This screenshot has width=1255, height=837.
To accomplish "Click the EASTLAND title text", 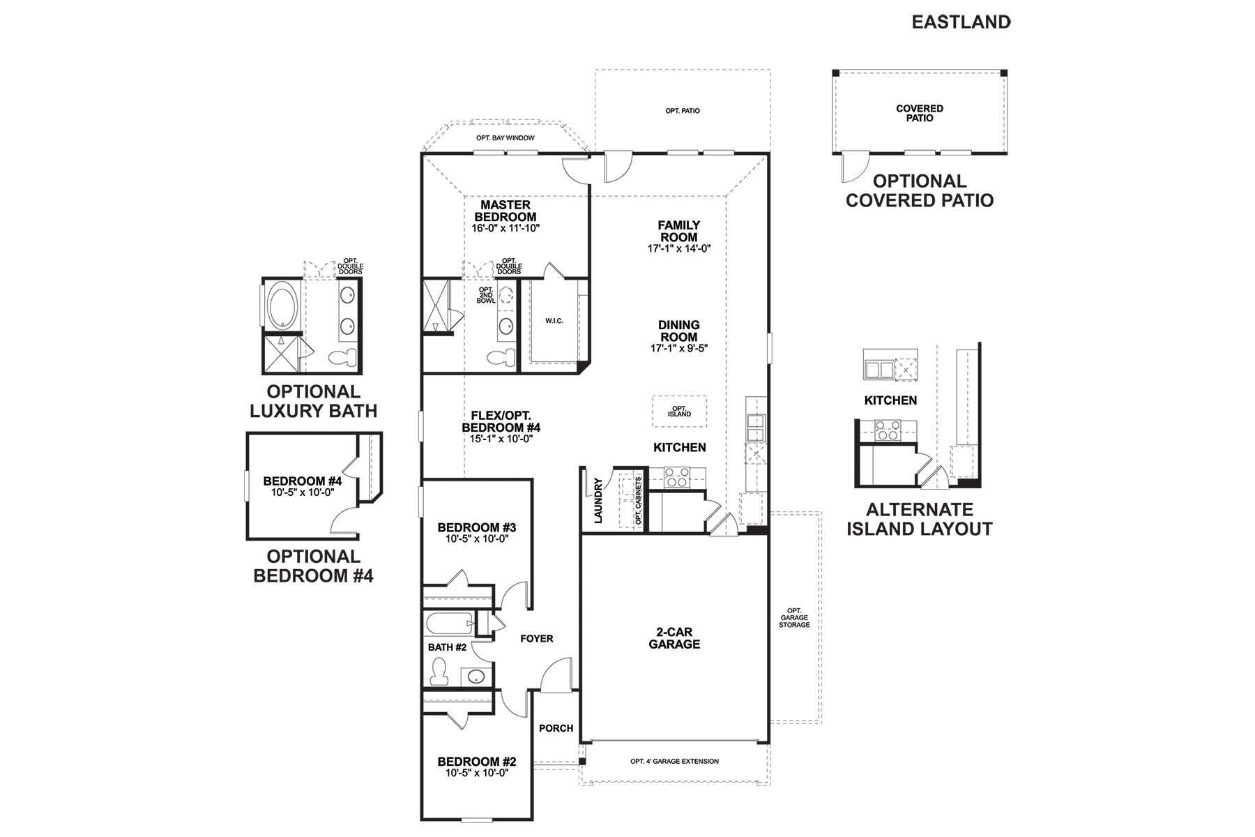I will pyautogui.click(x=961, y=22).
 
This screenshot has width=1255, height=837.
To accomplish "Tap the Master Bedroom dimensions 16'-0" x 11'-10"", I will pyautogui.click(x=505, y=228).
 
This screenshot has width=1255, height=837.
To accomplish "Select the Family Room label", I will pyautogui.click(x=679, y=231).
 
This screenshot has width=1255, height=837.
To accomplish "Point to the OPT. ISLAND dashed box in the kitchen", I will pyautogui.click(x=679, y=412).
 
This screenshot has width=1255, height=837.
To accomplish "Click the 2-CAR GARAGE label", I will pyautogui.click(x=674, y=638).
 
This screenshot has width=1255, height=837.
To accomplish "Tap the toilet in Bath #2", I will pyautogui.click(x=439, y=671).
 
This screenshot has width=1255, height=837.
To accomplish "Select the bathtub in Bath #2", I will pyautogui.click(x=446, y=622).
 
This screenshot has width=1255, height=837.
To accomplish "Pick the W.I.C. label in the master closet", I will pyautogui.click(x=554, y=321).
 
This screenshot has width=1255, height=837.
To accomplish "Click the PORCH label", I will pyautogui.click(x=556, y=728).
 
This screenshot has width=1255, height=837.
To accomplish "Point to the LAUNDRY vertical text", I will pyautogui.click(x=598, y=500).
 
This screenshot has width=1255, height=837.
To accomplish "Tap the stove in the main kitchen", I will pyautogui.click(x=676, y=478).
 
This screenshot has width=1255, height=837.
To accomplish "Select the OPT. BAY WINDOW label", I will pyautogui.click(x=505, y=138).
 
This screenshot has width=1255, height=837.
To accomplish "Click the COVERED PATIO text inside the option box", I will pyautogui.click(x=920, y=113).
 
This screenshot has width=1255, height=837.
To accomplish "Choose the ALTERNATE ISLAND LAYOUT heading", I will pyautogui.click(x=919, y=519).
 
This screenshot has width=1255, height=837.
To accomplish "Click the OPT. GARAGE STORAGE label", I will pyautogui.click(x=794, y=618).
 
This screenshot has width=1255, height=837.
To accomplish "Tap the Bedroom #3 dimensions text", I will pyautogui.click(x=476, y=539).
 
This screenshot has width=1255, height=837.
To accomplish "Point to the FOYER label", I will pyautogui.click(x=537, y=638).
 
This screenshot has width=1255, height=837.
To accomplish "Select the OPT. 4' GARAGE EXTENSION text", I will pyautogui.click(x=674, y=761).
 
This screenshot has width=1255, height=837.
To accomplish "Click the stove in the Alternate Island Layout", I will pyautogui.click(x=887, y=430).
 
